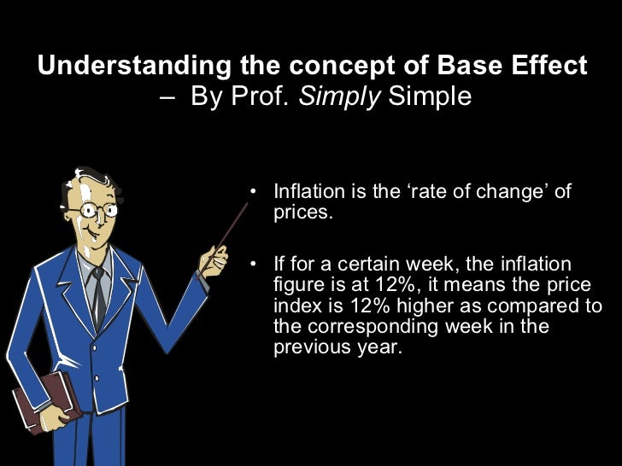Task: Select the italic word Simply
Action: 347,96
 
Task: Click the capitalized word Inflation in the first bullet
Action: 310,191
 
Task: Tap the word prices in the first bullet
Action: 301,213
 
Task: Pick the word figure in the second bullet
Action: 296,285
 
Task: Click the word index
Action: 296,306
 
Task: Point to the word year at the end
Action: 378,347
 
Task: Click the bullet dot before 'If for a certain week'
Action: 253,264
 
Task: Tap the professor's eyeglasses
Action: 95,208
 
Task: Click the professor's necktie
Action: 99,294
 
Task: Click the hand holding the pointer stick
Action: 213,259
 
